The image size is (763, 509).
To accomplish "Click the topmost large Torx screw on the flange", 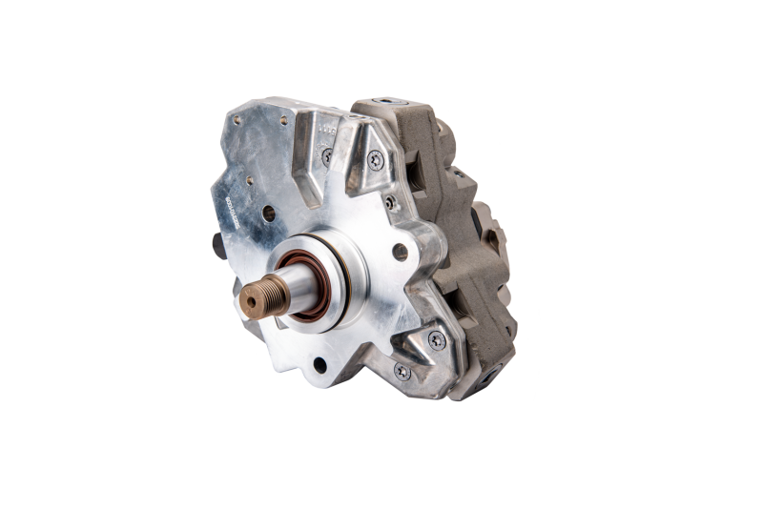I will click(x=374, y=159).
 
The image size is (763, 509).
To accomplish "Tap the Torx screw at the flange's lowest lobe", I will click(x=402, y=372).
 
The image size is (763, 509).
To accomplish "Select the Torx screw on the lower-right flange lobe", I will click(x=436, y=340).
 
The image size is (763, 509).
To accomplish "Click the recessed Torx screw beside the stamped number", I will click(x=327, y=155).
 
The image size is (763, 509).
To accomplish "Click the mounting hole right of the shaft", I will click(x=400, y=252).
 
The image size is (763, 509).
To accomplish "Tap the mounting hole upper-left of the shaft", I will click(x=268, y=214).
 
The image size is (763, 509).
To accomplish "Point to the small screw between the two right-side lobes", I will click(x=389, y=202).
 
